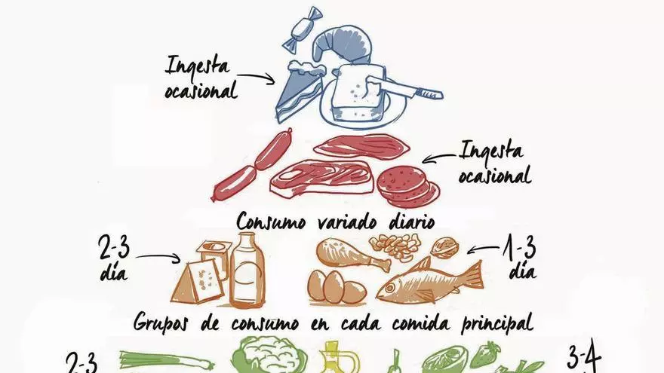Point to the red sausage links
[253, 165]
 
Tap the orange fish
[429, 281]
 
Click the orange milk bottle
[247, 271]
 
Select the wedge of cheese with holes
[198, 282]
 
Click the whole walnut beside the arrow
[444, 248]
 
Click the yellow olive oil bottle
[340, 359]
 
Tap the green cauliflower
[269, 355]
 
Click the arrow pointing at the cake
[257, 78]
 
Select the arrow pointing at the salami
[441, 157]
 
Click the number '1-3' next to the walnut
[520, 249]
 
